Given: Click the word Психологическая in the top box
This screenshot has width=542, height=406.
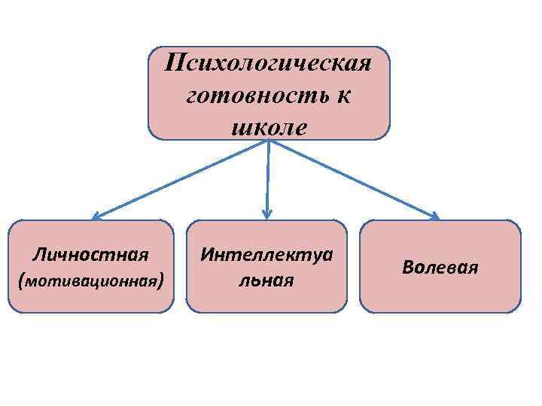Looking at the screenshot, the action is pyautogui.click(x=269, y=61).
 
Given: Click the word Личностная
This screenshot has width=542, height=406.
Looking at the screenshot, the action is pyautogui.click(x=92, y=254).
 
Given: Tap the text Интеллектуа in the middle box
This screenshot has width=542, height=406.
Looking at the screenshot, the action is pyautogui.click(x=266, y=254).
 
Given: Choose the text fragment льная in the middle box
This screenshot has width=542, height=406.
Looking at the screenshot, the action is pyautogui.click(x=266, y=280).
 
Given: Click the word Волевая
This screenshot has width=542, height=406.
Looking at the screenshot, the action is pyautogui.click(x=440, y=267).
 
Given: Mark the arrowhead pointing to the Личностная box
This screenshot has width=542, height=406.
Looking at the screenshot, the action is pyautogui.click(x=94, y=217).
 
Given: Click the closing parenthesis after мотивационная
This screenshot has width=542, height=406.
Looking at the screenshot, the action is pyautogui.click(x=162, y=282).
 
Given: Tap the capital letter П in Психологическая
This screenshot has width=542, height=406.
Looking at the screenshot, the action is pyautogui.click(x=175, y=61).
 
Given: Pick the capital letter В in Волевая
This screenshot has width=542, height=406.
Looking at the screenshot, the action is pyautogui.click(x=407, y=267).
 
